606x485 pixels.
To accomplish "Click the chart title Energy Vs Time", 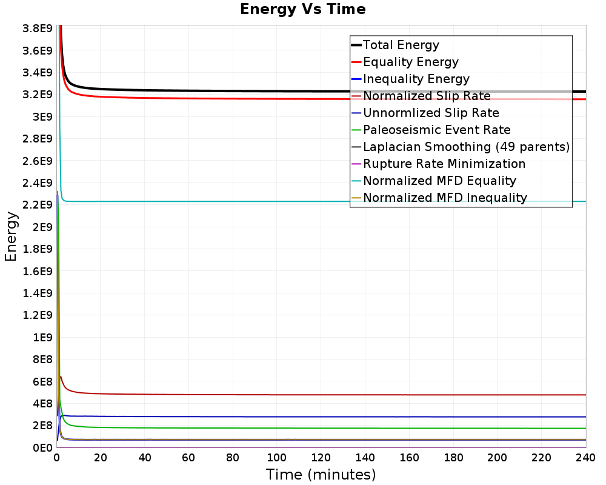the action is click(x=302, y=9).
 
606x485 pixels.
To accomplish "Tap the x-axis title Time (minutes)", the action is click(x=321, y=474).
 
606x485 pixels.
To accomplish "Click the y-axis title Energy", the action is click(x=11, y=236).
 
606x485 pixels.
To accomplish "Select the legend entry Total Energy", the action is click(x=395, y=45).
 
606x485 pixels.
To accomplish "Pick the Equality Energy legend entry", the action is click(x=405, y=62).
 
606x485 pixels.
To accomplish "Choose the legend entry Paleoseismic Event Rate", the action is click(x=431, y=130).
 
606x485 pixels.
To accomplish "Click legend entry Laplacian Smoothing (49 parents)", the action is click(x=461, y=147).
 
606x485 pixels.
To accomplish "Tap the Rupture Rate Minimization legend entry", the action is click(x=438, y=164).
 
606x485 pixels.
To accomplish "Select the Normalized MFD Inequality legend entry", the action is click(x=439, y=198).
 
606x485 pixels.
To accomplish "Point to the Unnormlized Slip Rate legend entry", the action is click(x=425, y=113).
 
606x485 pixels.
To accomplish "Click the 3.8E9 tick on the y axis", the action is click(x=38, y=28).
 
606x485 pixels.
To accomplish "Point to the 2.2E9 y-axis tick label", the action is click(x=38, y=204).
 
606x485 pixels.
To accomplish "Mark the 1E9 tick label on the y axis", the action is click(x=42, y=337).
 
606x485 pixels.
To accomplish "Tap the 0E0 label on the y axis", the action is click(x=42, y=447).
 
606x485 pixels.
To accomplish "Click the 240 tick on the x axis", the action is click(x=585, y=458).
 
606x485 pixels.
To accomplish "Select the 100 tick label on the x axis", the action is click(x=277, y=458).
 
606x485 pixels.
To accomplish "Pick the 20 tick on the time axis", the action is click(x=101, y=458).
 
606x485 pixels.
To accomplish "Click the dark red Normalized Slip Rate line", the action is click(x=309, y=395).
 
